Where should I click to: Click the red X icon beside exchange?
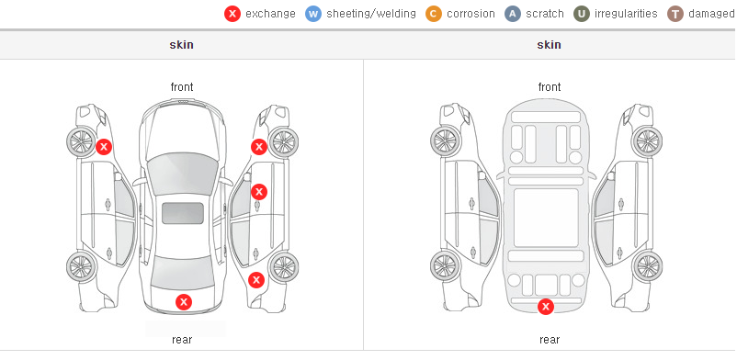point(232,14)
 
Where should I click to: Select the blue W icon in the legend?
point(313,14)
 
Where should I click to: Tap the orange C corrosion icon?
point(434,14)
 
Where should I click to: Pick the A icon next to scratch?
point(513,14)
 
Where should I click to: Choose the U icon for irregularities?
point(582,14)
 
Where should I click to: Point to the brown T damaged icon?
point(675,14)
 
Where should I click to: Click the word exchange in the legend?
point(270,14)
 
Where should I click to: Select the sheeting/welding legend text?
point(371,14)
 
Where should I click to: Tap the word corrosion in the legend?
point(471,14)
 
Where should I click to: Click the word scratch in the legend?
point(545,14)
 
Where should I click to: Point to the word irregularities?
point(626,14)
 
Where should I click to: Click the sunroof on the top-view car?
point(183,213)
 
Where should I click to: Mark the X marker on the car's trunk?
point(184,302)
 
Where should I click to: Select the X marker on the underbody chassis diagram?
point(546,307)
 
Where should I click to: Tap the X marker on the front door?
point(259,192)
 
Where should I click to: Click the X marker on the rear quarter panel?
point(256,281)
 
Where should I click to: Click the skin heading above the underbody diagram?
point(549,45)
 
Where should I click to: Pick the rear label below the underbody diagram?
point(550,339)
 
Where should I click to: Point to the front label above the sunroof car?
point(182,87)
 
